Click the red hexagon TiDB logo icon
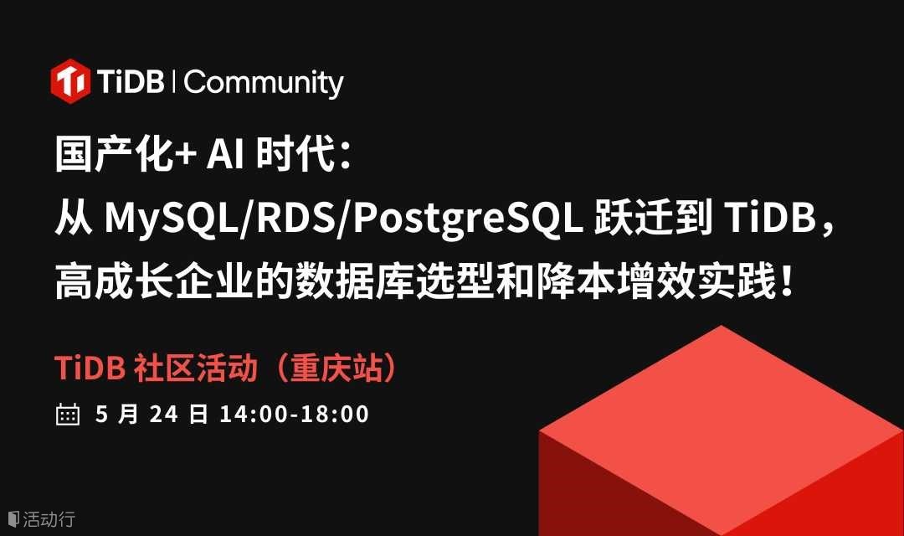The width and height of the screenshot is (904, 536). [x=70, y=81]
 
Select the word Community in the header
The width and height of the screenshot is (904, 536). [x=264, y=83]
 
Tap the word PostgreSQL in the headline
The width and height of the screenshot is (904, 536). [x=468, y=219]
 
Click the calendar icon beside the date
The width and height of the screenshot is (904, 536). [x=68, y=414]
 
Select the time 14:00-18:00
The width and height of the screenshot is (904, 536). [x=294, y=415]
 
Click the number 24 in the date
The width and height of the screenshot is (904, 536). [x=164, y=415]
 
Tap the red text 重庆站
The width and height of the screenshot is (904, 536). [x=336, y=368]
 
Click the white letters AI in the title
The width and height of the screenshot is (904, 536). [x=225, y=154]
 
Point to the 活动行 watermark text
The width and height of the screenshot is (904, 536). [x=49, y=518]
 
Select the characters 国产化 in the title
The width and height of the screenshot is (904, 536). [x=115, y=154]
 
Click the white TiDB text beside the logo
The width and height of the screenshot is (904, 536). [x=131, y=81]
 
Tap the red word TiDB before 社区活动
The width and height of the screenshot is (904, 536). [x=90, y=368]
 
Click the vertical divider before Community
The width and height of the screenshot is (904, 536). [x=174, y=81]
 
